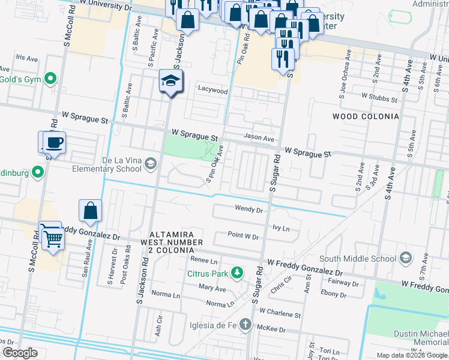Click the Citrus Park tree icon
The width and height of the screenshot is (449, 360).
click(238, 274)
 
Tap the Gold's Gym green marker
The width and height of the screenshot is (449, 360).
click(51, 79)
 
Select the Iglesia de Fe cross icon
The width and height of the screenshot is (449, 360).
click(245, 325)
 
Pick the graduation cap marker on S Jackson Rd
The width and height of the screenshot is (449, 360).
click(171, 82)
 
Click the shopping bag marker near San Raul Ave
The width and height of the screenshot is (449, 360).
click(90, 211)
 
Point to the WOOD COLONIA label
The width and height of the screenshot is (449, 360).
click(366, 116)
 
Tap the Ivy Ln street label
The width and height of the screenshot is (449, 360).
click(281, 229)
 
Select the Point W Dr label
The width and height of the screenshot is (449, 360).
click(243, 237)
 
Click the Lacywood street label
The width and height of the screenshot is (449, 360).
click(213, 91)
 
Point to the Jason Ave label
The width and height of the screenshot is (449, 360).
click(259, 138)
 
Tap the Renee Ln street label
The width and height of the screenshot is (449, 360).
click(203, 260)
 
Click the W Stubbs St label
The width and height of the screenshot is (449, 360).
click(380, 95)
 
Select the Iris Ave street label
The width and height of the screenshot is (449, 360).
click(28, 58)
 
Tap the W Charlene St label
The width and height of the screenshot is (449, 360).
click(280, 314)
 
